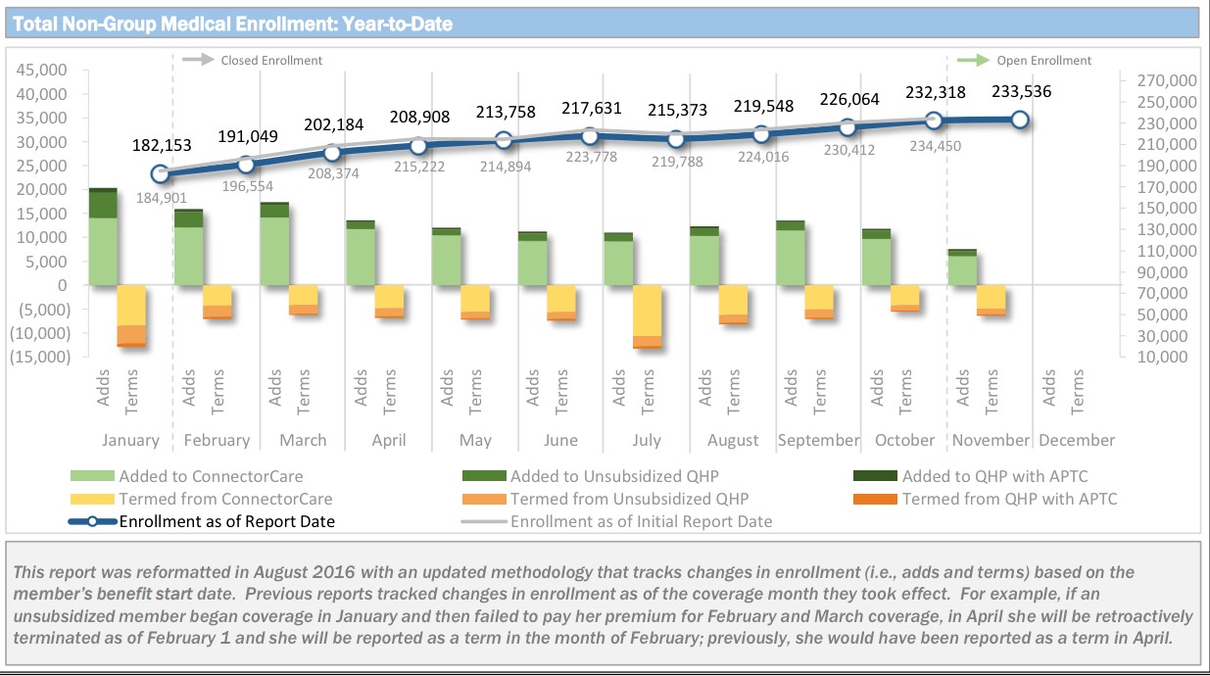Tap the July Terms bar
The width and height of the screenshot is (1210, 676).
pos(647,316)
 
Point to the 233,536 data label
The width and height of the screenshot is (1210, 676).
pos(1019,93)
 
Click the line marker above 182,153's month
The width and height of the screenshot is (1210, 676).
pos(161,174)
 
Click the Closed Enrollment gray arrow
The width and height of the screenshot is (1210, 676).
pos(198,60)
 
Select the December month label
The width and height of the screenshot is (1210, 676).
pos(1076,440)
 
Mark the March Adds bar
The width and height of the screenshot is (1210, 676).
pos(274,244)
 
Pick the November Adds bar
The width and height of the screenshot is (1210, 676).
pos(962,267)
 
